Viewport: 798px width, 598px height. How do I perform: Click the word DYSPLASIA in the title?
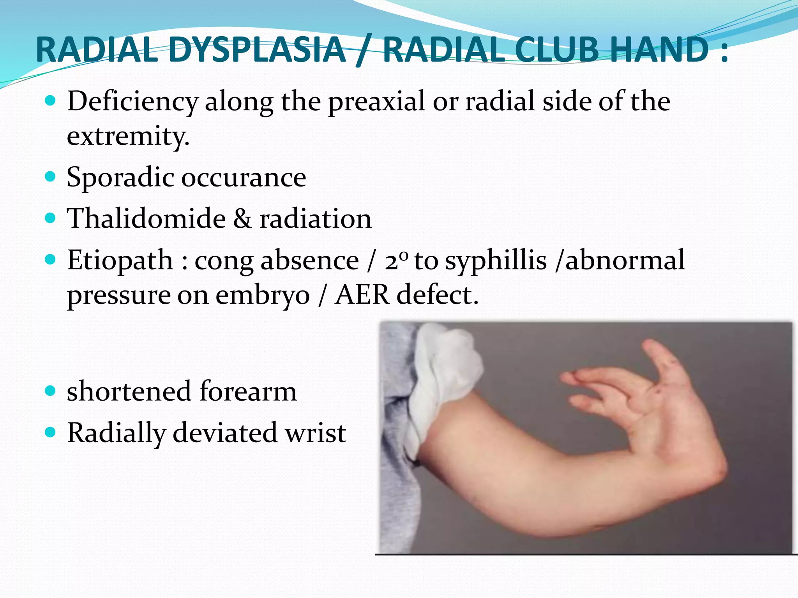click(257, 49)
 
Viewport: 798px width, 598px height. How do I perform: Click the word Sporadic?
click(120, 178)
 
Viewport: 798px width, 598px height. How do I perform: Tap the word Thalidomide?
click(146, 218)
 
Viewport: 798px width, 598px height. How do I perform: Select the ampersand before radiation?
click(242, 218)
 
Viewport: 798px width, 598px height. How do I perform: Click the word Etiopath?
click(120, 260)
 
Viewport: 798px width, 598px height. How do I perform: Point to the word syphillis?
click(496, 260)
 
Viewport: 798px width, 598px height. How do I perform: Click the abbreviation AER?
click(362, 295)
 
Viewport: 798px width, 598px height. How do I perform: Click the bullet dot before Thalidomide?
click(50, 218)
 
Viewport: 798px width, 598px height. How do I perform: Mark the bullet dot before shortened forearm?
click(50, 390)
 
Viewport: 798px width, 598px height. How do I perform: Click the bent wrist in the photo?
click(697, 459)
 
